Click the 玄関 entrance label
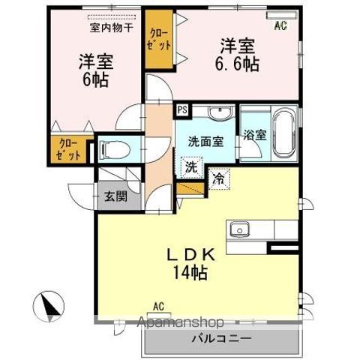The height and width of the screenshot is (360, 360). (x=115, y=197)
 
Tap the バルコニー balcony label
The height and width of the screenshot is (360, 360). (x=220, y=339)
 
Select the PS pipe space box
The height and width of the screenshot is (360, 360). (x=181, y=109)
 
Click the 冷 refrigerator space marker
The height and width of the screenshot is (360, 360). (x=218, y=180)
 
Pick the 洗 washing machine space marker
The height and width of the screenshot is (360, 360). (x=193, y=166)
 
